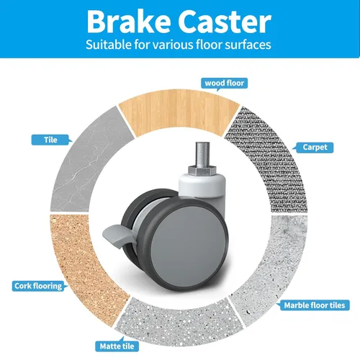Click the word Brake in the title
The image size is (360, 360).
coord(129,22)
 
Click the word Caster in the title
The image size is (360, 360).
coord(225,22)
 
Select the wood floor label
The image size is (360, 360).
coord(224,84)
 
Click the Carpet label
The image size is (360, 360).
coord(315,148)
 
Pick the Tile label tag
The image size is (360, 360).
coord(50,140)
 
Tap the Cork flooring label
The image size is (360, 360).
coord(38,286)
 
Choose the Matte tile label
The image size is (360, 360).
coord(117,346)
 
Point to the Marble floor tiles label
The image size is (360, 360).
coord(314,305)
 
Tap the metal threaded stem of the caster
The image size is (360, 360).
coord(202,155)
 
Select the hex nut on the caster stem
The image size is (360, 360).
coord(202,170)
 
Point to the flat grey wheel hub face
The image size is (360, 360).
coord(189,247)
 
